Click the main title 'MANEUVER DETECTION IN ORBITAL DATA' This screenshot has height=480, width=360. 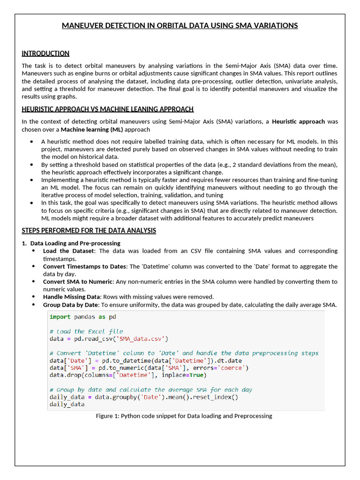point(180,25)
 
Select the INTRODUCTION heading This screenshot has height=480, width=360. point(45,53)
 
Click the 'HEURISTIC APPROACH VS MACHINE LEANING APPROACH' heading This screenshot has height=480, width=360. point(107,109)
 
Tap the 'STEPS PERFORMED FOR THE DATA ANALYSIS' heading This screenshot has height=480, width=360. point(89,231)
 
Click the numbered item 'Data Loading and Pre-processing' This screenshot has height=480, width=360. point(75,243)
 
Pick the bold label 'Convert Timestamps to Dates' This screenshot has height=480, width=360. point(84,266)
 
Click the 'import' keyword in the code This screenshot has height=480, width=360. point(60,317)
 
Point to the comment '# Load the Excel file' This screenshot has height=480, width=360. point(86,331)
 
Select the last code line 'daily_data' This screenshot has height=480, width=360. point(67,404)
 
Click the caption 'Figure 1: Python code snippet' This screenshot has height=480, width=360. point(184,416)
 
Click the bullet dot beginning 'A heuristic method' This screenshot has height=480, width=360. point(31,142)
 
